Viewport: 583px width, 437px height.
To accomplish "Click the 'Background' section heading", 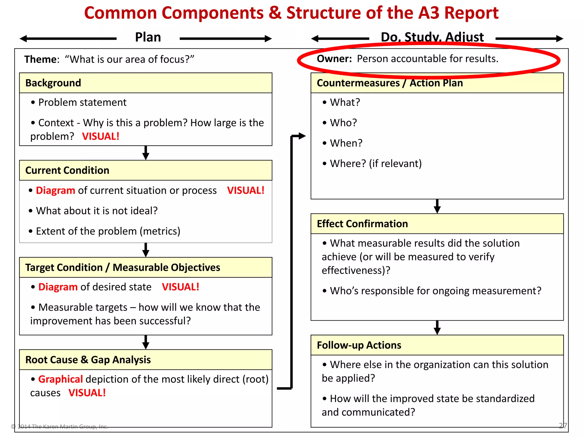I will pos(53,83).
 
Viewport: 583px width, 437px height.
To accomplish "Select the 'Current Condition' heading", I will pos(67,170).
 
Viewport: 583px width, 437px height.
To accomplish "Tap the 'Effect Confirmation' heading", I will pos(362,224).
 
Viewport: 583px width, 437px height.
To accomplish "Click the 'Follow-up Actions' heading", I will pos(359,345).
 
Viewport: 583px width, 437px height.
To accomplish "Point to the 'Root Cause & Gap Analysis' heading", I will pos(88,360).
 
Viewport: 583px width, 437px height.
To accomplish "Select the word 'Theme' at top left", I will pos(41,59).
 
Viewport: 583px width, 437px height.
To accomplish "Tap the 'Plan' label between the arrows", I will pos(148,37).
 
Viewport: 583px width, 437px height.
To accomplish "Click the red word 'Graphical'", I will pos(60,379).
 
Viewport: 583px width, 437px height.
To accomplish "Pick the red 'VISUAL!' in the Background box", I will pos(100,137).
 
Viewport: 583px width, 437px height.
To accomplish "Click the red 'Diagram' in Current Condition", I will pos(56,190).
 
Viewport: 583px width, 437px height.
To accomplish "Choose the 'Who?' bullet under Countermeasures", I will pos(343,123).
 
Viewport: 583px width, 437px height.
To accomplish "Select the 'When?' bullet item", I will pos(346,143).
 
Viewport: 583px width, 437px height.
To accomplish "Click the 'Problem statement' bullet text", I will pos(82,102).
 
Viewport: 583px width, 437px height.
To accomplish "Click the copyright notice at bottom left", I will pos(59,426).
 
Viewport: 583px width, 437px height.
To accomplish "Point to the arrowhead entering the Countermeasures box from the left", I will pos(302,136).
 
